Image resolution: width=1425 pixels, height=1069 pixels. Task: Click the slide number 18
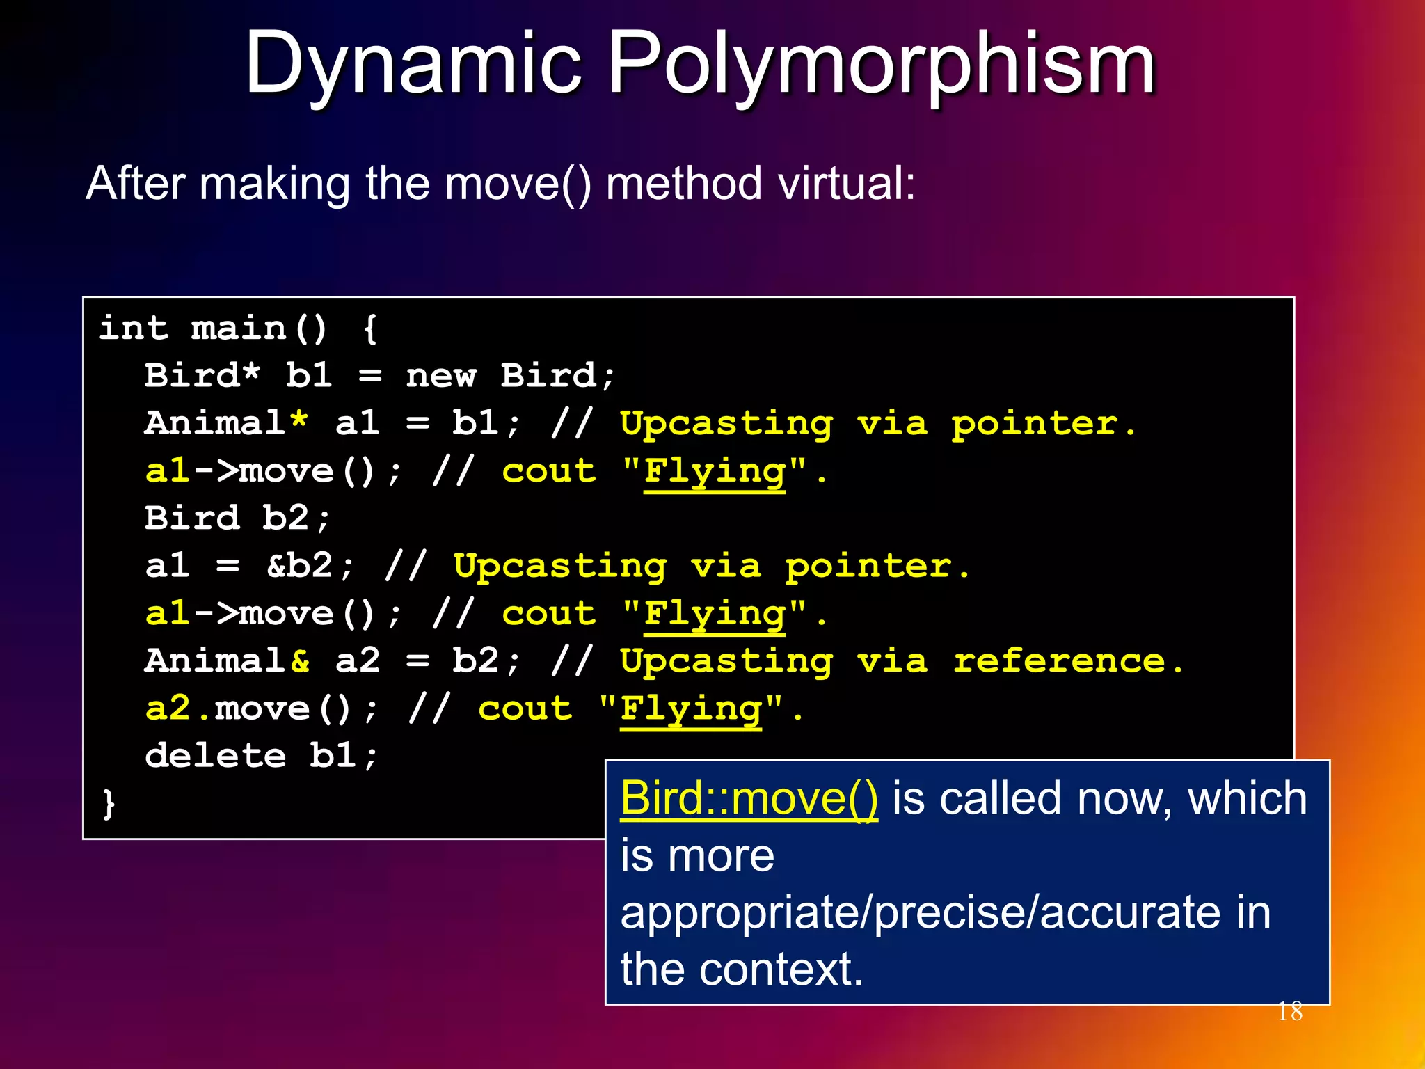1290,1011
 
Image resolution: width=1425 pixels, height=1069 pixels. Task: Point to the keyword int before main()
134,328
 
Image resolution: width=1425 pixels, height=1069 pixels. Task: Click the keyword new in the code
441,376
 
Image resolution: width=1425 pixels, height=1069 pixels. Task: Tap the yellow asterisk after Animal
298,422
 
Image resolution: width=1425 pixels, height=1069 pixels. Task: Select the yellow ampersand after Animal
300,660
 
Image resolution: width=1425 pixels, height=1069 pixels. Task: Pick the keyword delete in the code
216,755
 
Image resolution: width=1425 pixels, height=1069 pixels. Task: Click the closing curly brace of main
109,803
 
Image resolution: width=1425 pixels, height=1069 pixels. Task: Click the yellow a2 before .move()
168,708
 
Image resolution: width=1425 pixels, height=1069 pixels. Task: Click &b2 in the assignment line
300,565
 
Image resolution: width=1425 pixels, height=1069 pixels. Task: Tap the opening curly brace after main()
370,329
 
